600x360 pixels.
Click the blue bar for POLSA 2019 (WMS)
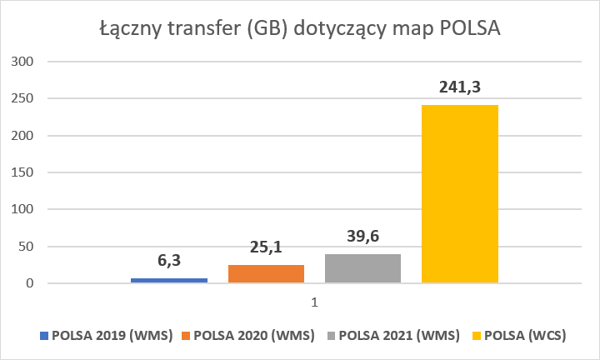pos(169,280)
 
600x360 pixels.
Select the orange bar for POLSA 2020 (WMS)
pos(266,274)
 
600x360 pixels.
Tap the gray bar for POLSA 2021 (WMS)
pos(362,268)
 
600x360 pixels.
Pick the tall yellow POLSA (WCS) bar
pos(459,194)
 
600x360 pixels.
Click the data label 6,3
pos(170,261)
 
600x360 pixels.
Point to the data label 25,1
pos(266,247)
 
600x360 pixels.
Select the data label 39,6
pos(362,237)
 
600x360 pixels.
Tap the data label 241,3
pos(459,87)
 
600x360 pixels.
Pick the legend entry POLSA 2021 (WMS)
pos(395,336)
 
